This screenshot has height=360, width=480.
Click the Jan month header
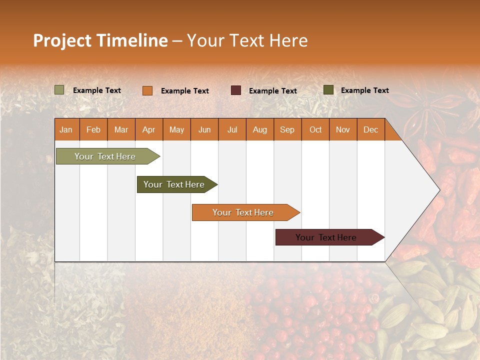66,129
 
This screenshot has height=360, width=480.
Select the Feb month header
93,129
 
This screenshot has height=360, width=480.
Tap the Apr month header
148,129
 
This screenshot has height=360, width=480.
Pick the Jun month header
204,129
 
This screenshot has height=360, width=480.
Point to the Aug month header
259,129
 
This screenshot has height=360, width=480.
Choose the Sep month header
287,129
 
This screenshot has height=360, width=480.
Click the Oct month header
315,129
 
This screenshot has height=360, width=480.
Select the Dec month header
370,129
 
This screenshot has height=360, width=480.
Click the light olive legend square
59,90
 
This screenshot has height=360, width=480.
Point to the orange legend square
147,90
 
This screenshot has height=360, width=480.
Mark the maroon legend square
236,90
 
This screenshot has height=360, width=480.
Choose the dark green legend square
328,90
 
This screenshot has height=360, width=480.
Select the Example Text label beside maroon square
272,91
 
